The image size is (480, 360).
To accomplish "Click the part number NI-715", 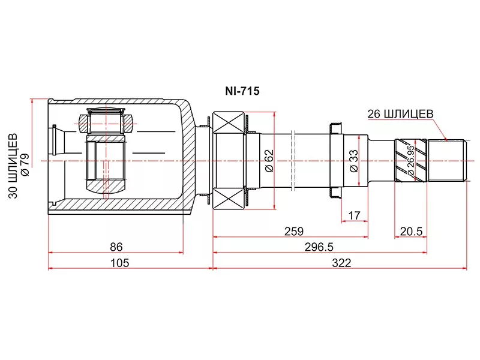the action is click(242, 91).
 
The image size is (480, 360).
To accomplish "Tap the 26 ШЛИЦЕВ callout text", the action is click(400, 114).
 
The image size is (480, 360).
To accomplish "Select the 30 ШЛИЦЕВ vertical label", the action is click(13, 166).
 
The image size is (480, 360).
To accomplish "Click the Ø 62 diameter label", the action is click(269, 161).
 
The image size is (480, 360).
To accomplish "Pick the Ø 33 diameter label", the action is click(353, 161).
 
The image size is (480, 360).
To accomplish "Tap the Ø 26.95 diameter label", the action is click(411, 161).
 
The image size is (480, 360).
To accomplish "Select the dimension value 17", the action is click(354, 215).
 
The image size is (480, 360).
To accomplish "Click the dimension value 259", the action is click(294, 232).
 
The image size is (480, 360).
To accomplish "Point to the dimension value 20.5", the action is click(411, 232).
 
